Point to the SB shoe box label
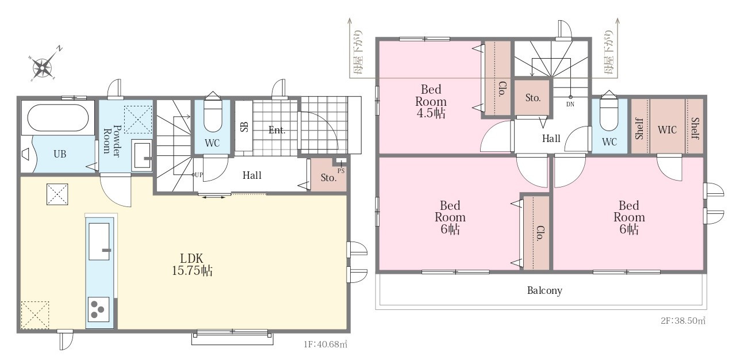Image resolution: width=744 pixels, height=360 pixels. coord(244,127)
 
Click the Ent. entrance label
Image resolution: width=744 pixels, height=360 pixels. coord(277,130)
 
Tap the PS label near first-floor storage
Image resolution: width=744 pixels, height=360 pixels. coord(341,171)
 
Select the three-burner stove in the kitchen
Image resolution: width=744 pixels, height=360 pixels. coord(98,309)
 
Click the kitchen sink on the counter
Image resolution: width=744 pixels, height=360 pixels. coord(99,242)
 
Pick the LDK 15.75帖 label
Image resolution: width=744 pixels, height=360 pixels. coord(192,265)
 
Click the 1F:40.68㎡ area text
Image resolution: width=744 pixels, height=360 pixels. coord(325,344)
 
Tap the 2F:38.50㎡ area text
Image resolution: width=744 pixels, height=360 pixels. coord(683,321)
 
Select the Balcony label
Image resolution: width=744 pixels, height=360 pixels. coord(544,290)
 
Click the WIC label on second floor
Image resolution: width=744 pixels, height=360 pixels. coord(668,129)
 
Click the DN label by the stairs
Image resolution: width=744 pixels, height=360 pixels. coord(570,104)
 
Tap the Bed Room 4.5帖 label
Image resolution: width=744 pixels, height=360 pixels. coord(431,101)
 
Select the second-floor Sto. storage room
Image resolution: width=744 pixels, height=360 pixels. coord(533,98)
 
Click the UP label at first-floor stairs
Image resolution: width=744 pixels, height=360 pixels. coord(198,175)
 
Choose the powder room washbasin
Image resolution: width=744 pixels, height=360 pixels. coord(142,155)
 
